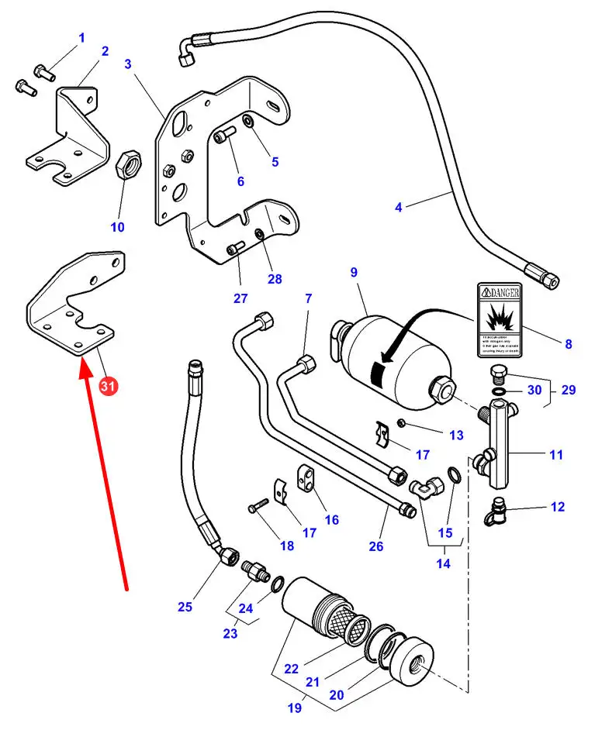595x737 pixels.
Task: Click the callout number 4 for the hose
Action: pos(398,207)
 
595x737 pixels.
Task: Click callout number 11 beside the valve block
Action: pos(555,455)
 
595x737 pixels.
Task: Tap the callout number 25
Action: pos(185,607)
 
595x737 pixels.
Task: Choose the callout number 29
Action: pos(569,390)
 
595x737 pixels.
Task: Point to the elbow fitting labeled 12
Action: pos(494,508)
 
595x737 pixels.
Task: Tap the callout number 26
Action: pos(376,546)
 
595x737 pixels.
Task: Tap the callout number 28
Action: pos(275,279)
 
